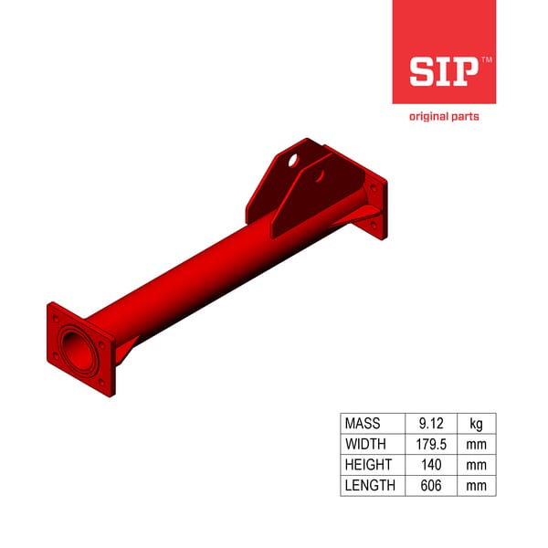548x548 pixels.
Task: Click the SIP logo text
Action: click(x=443, y=71)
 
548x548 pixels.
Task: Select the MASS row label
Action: click(x=363, y=424)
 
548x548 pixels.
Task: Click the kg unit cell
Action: click(x=476, y=424)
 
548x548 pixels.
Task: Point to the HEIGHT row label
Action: click(x=367, y=465)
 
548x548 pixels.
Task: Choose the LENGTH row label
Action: click(x=370, y=486)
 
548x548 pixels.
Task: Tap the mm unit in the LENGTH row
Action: click(x=476, y=486)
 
